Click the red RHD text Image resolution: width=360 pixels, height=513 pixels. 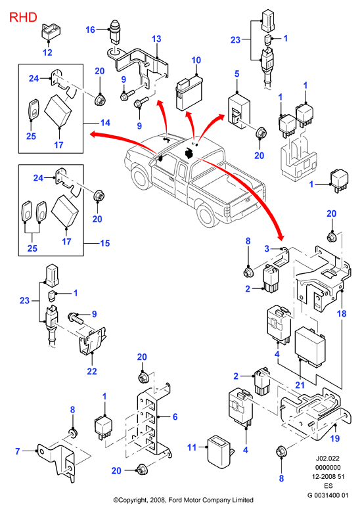tap(23, 17)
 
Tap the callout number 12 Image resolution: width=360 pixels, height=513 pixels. tap(47, 53)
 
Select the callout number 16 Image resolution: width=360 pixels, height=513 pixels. tap(90, 30)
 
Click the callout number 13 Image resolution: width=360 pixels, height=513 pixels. tap(156, 39)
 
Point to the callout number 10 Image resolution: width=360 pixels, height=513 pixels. tap(196, 60)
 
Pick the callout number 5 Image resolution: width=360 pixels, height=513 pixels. tap(237, 74)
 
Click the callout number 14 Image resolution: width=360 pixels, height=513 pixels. tap(105, 123)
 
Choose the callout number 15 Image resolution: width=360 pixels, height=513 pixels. tap(104, 243)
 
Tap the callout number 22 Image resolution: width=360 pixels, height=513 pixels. tap(92, 371)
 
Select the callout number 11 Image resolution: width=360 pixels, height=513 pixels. tap(192, 447)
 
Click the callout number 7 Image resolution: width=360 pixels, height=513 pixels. tap(18, 451)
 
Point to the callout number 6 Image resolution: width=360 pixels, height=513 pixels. tap(175, 416)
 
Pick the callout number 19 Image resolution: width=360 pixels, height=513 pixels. tap(335, 438)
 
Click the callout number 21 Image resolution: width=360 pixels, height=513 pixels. tap(300, 385)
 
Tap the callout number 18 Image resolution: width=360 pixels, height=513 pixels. tap(342, 314)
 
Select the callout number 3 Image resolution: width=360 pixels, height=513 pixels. tap(267, 249)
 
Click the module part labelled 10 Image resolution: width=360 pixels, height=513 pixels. tap(189, 93)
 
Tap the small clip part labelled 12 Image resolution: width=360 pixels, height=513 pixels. tap(51, 31)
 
